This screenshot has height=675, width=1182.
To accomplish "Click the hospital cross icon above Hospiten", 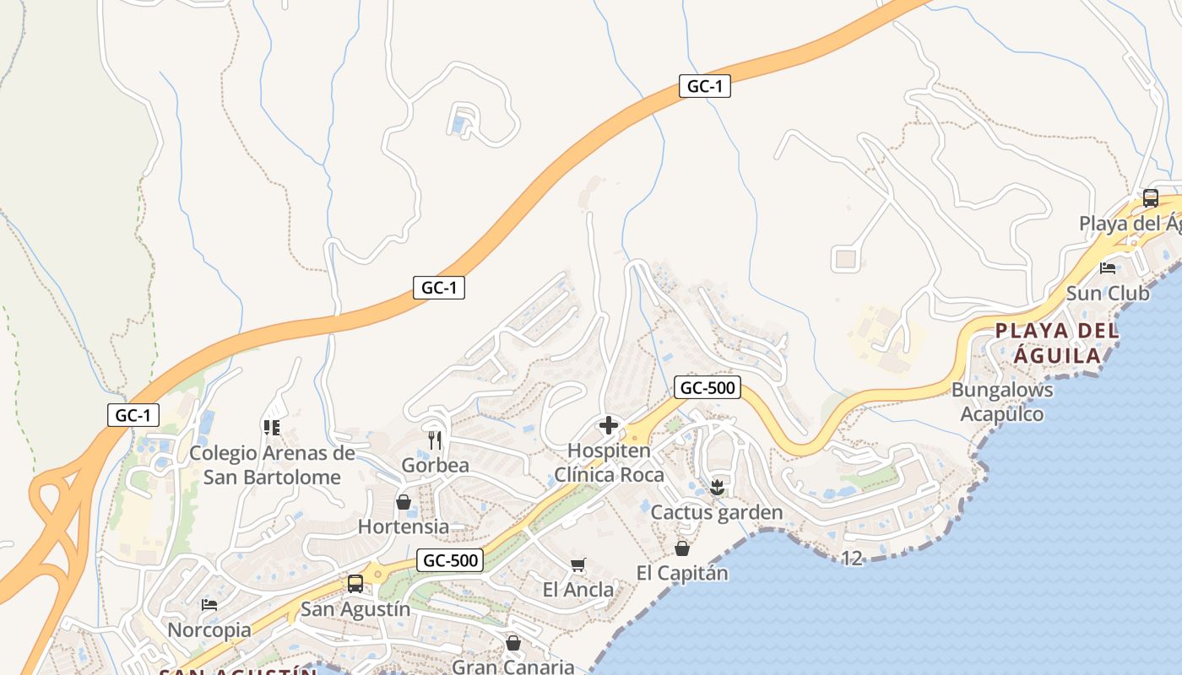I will tap(608, 425).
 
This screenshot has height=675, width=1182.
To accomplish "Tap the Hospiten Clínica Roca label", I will tap(609, 462).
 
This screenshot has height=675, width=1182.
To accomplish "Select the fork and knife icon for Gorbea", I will tap(435, 440).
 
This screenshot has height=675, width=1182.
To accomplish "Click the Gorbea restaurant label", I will tap(435, 465).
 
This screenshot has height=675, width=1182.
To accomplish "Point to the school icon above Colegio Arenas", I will tap(271, 428).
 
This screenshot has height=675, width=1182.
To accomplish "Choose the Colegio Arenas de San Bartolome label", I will tap(272, 465).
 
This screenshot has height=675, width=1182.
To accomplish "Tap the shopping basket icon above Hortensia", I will tap(404, 502).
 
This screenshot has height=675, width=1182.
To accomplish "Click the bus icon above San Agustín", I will tap(355, 584).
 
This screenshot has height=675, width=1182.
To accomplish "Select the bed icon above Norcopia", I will tap(209, 605).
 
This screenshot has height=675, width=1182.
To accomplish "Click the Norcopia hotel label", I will tap(209, 630).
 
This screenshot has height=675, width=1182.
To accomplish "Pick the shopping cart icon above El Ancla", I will tap(578, 564).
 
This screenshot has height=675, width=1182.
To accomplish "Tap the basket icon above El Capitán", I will tap(682, 548).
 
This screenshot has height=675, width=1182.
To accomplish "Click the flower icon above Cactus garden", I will tap(717, 487).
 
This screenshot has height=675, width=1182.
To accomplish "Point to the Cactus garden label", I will tap(717, 512).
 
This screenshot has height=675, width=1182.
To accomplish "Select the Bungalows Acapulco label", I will tap(1002, 402).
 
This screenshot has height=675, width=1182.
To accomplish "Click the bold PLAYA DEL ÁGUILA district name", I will tap(1058, 343).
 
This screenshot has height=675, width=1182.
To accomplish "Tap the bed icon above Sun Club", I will tap(1108, 268).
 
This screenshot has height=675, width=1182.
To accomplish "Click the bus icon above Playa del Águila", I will tap(1150, 198).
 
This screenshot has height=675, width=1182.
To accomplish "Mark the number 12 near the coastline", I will tap(852, 558).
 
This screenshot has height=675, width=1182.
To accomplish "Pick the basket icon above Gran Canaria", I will tap(512, 643).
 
